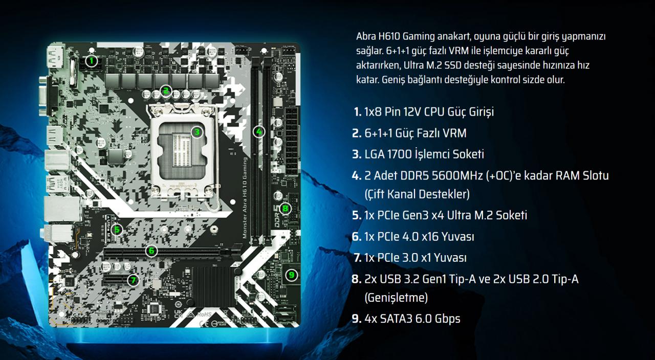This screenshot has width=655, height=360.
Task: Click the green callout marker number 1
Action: pos(91,61)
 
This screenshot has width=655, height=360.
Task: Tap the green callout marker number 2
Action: pos(165,91)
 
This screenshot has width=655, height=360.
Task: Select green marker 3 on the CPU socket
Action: pos(196,132)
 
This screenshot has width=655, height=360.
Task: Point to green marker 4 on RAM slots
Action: pos(259,131)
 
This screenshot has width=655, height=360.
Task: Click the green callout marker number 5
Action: pos(117,229)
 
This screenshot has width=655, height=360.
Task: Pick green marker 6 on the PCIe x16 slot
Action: pos(151,251)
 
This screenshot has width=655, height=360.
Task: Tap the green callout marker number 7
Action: pos(133,279)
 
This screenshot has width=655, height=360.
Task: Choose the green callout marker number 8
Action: pos(285,208)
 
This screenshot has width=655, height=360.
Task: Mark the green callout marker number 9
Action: pos(291,275)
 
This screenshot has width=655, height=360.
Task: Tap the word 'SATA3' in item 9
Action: pos(398,319)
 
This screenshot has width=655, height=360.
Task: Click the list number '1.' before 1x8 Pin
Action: pos(357,111)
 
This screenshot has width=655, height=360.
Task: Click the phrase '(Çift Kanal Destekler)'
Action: pos(417,194)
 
